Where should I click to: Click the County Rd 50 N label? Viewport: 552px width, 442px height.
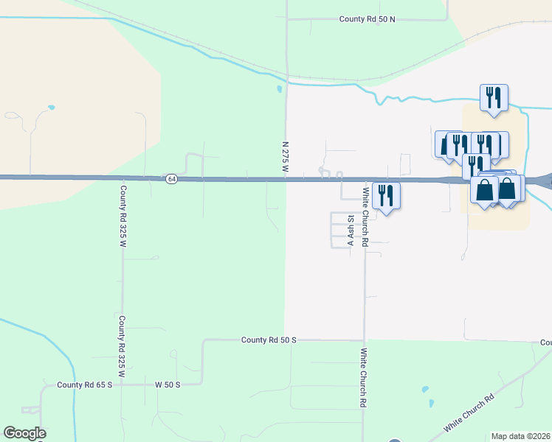coord(368,19)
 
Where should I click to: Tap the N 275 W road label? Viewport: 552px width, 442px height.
coord(285,158)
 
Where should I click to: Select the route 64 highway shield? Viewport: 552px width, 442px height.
coord(171,179)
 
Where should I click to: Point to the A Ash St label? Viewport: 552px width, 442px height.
coord(351,231)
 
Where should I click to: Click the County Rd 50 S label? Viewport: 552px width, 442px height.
coord(269,340)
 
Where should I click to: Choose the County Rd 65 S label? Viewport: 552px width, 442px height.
coord(85,385)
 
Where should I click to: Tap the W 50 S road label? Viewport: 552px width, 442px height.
coord(168,385)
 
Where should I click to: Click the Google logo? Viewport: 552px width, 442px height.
coord(24,433)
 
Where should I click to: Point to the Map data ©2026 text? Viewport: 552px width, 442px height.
coord(521,436)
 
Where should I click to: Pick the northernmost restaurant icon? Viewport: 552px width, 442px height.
coord(494,98)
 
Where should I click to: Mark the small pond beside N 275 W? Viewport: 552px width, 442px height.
coord(279,90)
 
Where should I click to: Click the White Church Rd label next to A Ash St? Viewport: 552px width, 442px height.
coord(365,214)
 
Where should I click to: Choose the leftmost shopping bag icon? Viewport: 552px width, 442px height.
coord(484,190)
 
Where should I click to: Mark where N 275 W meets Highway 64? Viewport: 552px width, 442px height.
coord(286,179)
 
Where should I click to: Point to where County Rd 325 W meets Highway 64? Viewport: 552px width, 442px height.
coord(123,178)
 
